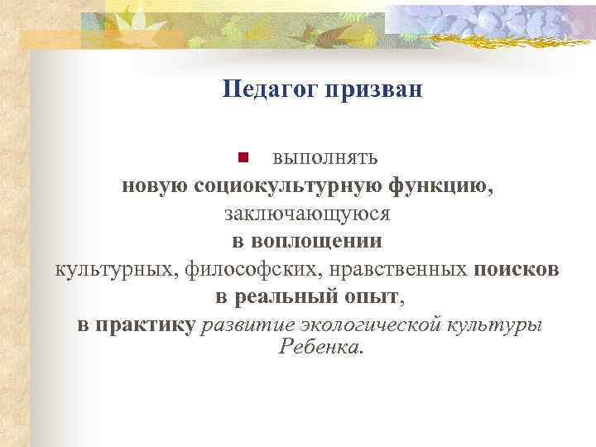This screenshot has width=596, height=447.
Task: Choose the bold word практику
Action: [147, 324]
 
